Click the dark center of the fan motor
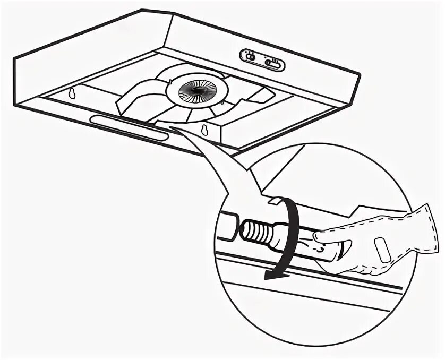[197, 91]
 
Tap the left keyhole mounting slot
[71, 93]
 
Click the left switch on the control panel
[249, 55]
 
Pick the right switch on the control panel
[272, 64]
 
